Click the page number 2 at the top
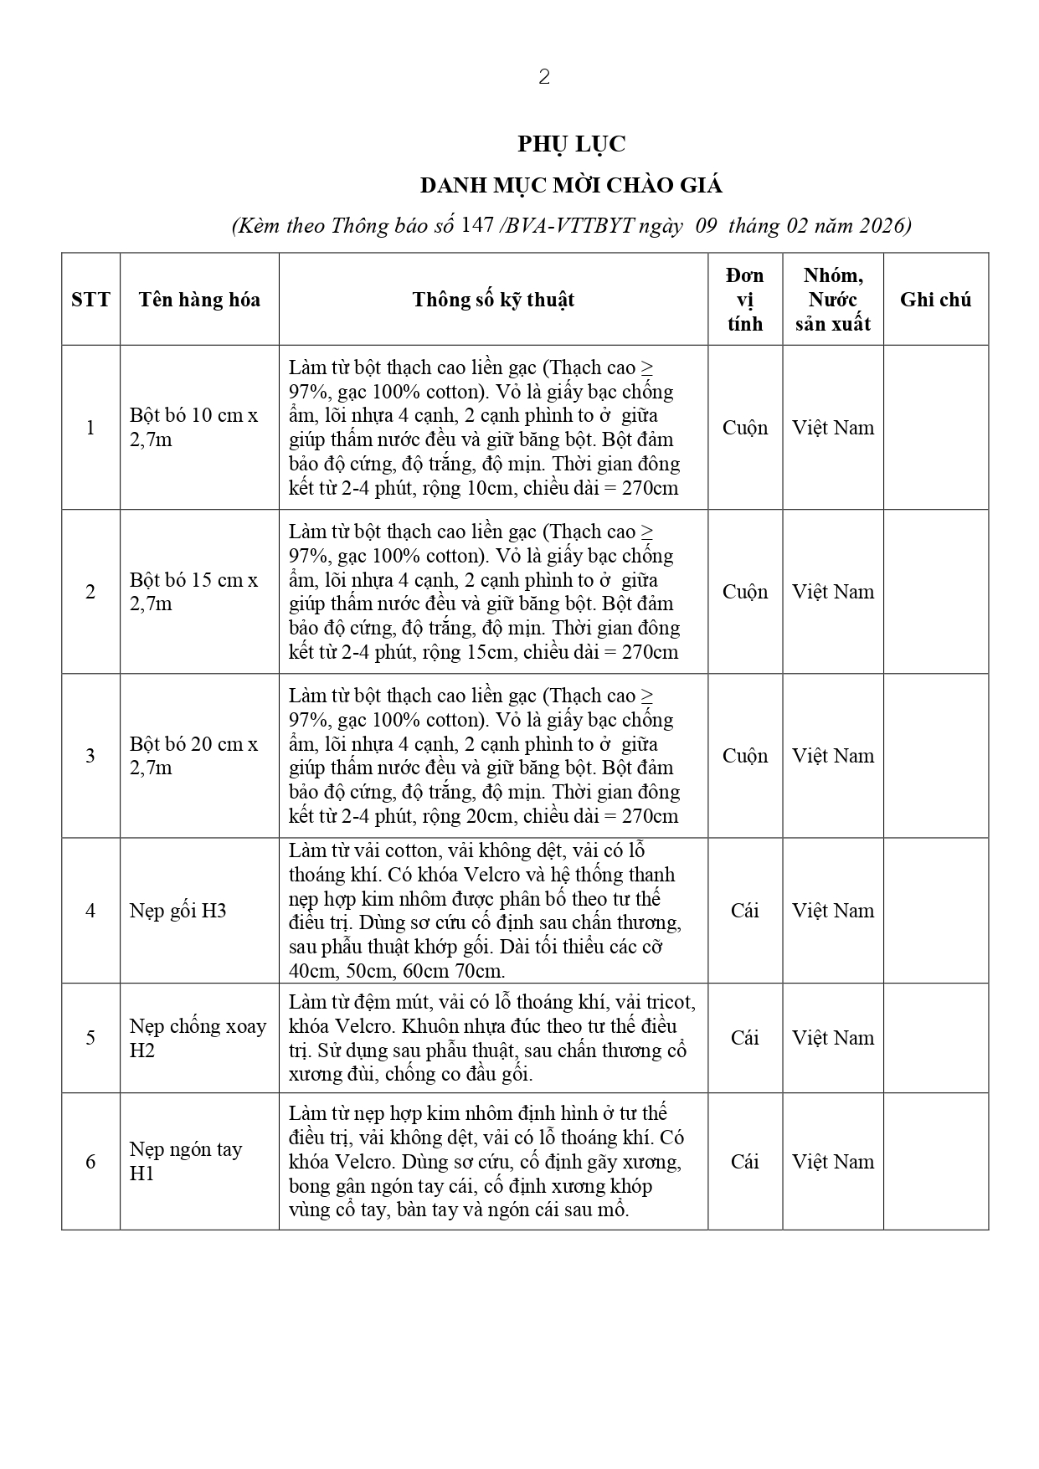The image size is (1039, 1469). click(544, 77)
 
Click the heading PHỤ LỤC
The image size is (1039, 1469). click(571, 144)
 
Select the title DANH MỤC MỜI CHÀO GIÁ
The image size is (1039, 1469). click(571, 185)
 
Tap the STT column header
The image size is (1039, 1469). click(90, 300)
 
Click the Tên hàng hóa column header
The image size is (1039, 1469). click(199, 300)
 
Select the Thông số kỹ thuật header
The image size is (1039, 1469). click(493, 300)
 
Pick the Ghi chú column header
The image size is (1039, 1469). click(935, 300)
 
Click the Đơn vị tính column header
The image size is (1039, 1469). click(745, 300)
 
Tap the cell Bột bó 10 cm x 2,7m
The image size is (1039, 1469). click(193, 427)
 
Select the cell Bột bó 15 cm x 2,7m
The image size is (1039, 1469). click(193, 591)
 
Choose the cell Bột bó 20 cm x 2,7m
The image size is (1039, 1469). click(193, 755)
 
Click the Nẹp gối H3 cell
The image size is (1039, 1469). click(178, 911)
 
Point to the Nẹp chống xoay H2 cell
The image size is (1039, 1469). click(198, 1038)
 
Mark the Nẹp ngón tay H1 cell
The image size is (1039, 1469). click(185, 1161)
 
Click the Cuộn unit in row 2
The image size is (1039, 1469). click(745, 591)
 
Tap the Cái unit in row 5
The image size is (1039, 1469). click(745, 1038)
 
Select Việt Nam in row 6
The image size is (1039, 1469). click(833, 1161)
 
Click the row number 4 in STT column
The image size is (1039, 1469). click(90, 911)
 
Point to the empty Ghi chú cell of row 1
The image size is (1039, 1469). click(935, 427)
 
